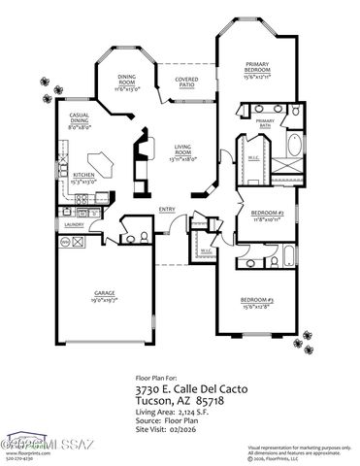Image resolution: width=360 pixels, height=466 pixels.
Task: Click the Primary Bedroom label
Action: tap(256, 67)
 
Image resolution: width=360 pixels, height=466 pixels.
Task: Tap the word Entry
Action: tap(167, 209)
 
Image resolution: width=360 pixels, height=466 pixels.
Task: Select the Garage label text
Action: tap(104, 291)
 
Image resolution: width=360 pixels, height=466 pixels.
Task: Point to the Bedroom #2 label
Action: tap(265, 212)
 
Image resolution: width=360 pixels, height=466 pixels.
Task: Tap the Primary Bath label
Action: tap(266, 122)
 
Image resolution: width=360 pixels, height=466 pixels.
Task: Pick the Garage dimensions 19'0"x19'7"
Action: tap(104, 299)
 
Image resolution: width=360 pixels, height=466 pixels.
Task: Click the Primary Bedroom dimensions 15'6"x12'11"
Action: tap(256, 76)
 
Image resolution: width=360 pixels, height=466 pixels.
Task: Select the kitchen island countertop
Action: tap(99, 163)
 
